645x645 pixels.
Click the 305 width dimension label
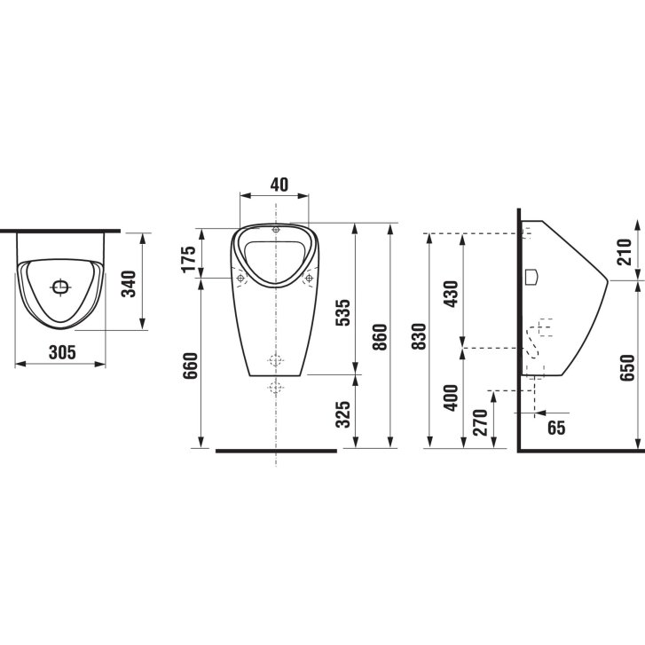click(62, 352)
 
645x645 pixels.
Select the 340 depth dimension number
click(130, 284)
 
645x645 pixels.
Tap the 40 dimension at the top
click(279, 185)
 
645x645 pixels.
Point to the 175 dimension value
click(189, 259)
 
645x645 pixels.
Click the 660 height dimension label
click(191, 366)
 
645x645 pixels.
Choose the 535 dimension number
click(342, 312)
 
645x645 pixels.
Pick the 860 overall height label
click(380, 337)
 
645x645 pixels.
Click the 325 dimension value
click(342, 413)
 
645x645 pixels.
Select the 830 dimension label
click(419, 336)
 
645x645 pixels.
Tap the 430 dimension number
click(452, 294)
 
